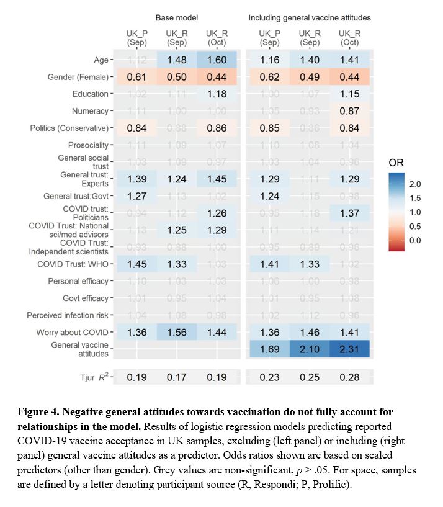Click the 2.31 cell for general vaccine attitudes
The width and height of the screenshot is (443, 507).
pyautogui.click(x=350, y=349)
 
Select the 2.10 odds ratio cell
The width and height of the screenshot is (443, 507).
pyautogui.click(x=310, y=349)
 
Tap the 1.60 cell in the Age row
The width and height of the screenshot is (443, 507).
pyautogui.click(x=218, y=60)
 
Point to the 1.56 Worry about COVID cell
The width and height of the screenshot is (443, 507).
pyautogui.click(x=177, y=332)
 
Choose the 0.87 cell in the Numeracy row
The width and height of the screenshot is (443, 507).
pyautogui.click(x=350, y=111)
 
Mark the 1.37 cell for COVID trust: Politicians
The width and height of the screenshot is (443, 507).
pyautogui.click(x=350, y=213)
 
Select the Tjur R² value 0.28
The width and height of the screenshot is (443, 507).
pyautogui.click(x=350, y=377)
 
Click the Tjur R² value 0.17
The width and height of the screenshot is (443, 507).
pyautogui.click(x=177, y=377)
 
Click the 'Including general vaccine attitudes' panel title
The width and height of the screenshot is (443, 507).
pyautogui.click(x=310, y=17)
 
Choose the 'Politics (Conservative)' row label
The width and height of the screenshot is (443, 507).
pyautogui.click(x=69, y=128)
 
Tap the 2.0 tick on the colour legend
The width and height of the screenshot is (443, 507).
pyautogui.click(x=415, y=184)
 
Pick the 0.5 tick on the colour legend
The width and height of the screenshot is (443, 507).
pyautogui.click(x=415, y=226)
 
